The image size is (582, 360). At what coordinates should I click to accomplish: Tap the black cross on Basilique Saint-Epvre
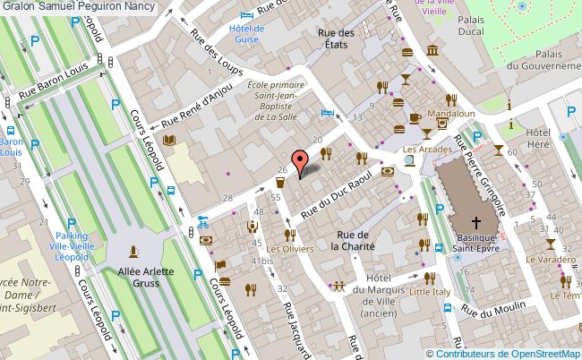(x=475, y=223)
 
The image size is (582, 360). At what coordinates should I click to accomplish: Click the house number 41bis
(x=261, y=260)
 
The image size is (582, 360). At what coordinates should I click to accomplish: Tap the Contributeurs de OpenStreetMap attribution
(x=508, y=353)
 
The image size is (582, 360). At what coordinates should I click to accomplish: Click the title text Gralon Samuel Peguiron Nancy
(x=77, y=6)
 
